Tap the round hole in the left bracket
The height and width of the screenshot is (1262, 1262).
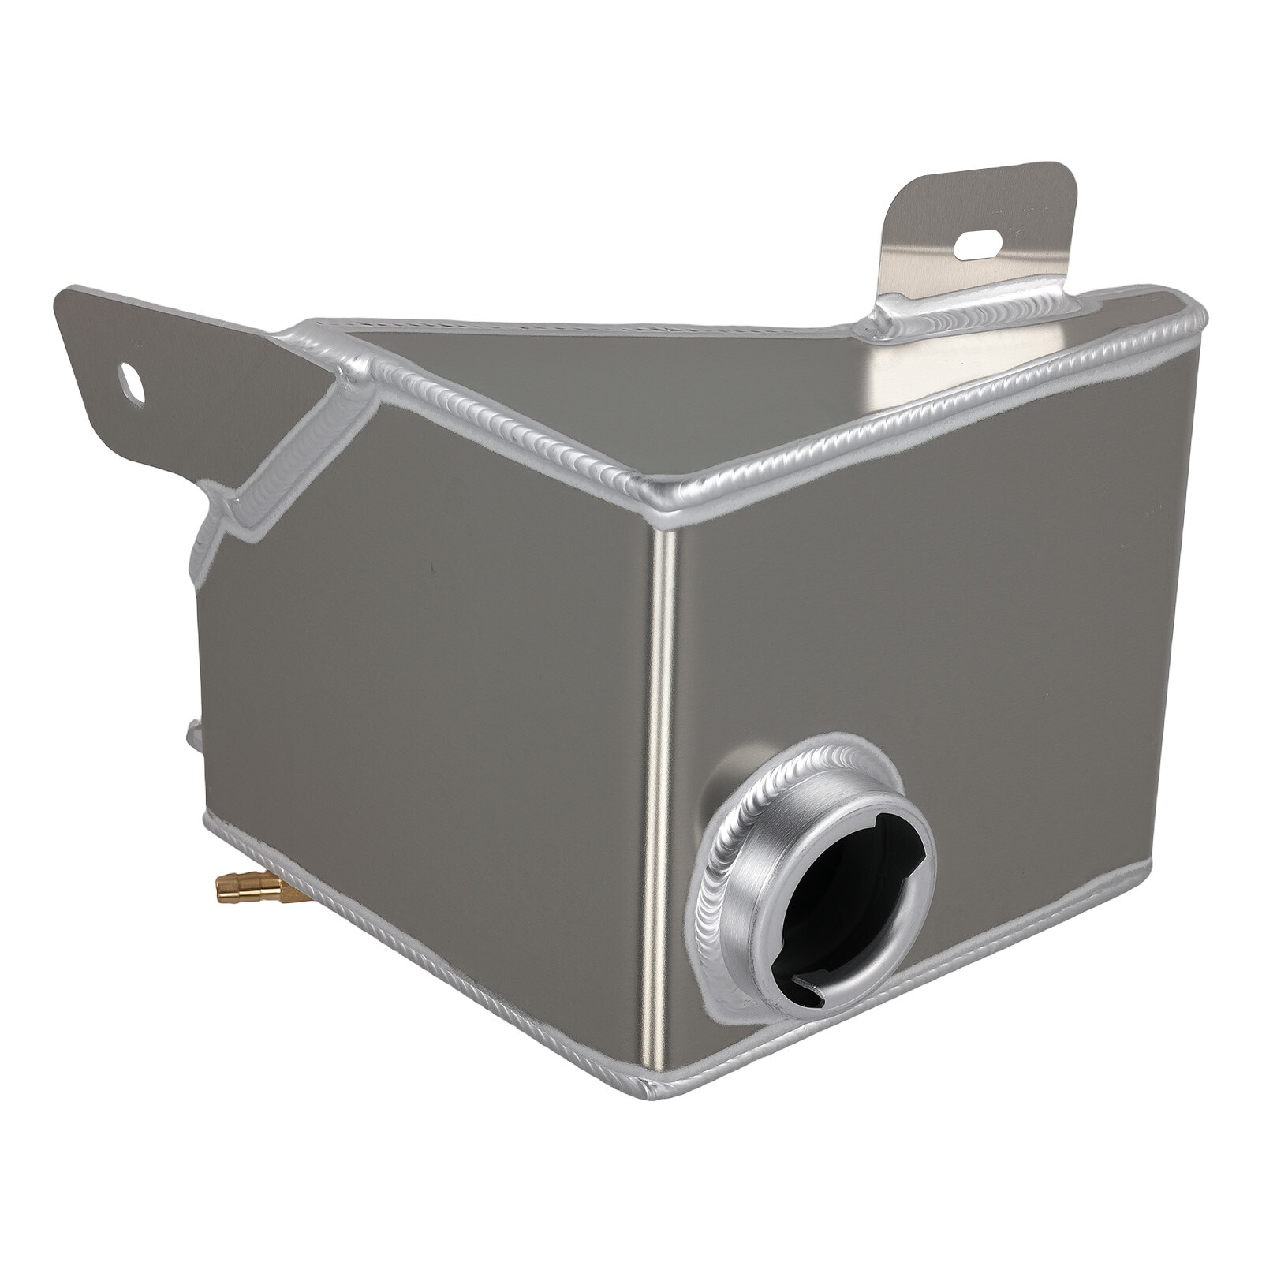coord(132,384)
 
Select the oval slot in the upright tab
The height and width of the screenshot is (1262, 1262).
coord(978,245)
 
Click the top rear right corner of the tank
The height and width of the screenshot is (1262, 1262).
coord(1195,312)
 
